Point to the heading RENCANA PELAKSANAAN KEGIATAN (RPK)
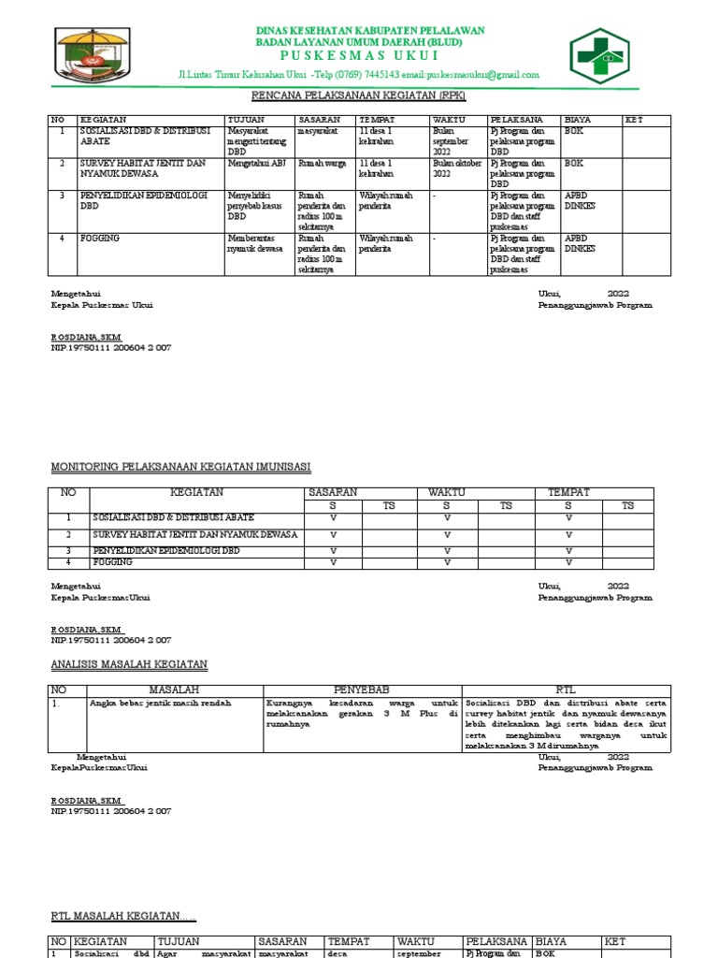tap(360, 96)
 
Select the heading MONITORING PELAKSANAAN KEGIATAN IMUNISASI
tap(180, 466)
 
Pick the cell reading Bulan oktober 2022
tap(456, 168)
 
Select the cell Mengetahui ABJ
tap(256, 163)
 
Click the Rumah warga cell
tap(323, 163)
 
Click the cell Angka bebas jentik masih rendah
tap(160, 702)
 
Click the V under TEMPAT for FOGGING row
tap(567, 563)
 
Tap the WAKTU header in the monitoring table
tap(446, 492)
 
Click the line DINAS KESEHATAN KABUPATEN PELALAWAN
tap(370, 31)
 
